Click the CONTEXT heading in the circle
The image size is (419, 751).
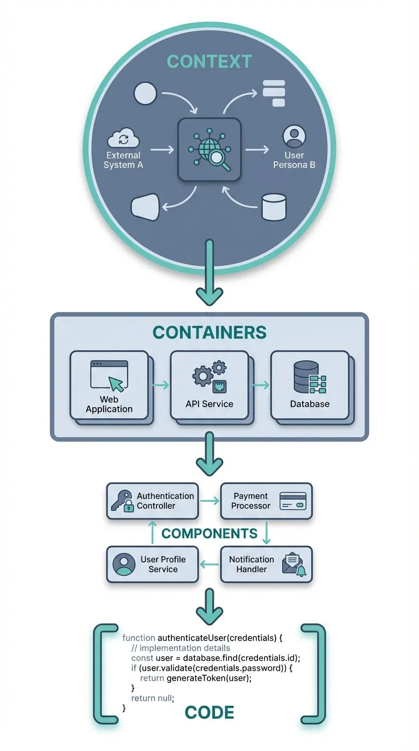click(209, 61)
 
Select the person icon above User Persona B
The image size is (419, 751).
click(294, 136)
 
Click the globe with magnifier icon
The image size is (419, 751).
click(209, 150)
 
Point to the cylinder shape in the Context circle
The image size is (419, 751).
click(274, 207)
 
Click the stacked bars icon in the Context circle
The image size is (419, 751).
click(274, 93)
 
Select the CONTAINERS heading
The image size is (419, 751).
click(209, 332)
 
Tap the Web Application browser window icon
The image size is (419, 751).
click(109, 376)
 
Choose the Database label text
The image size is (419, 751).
click(309, 404)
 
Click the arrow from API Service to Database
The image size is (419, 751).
click(260, 385)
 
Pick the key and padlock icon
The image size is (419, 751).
click(122, 500)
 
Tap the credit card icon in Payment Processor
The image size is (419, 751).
click(293, 501)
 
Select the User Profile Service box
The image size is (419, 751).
click(152, 564)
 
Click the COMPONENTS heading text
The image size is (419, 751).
click(209, 533)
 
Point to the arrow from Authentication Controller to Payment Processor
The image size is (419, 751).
click(209, 500)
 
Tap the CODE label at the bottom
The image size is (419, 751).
click(209, 712)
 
